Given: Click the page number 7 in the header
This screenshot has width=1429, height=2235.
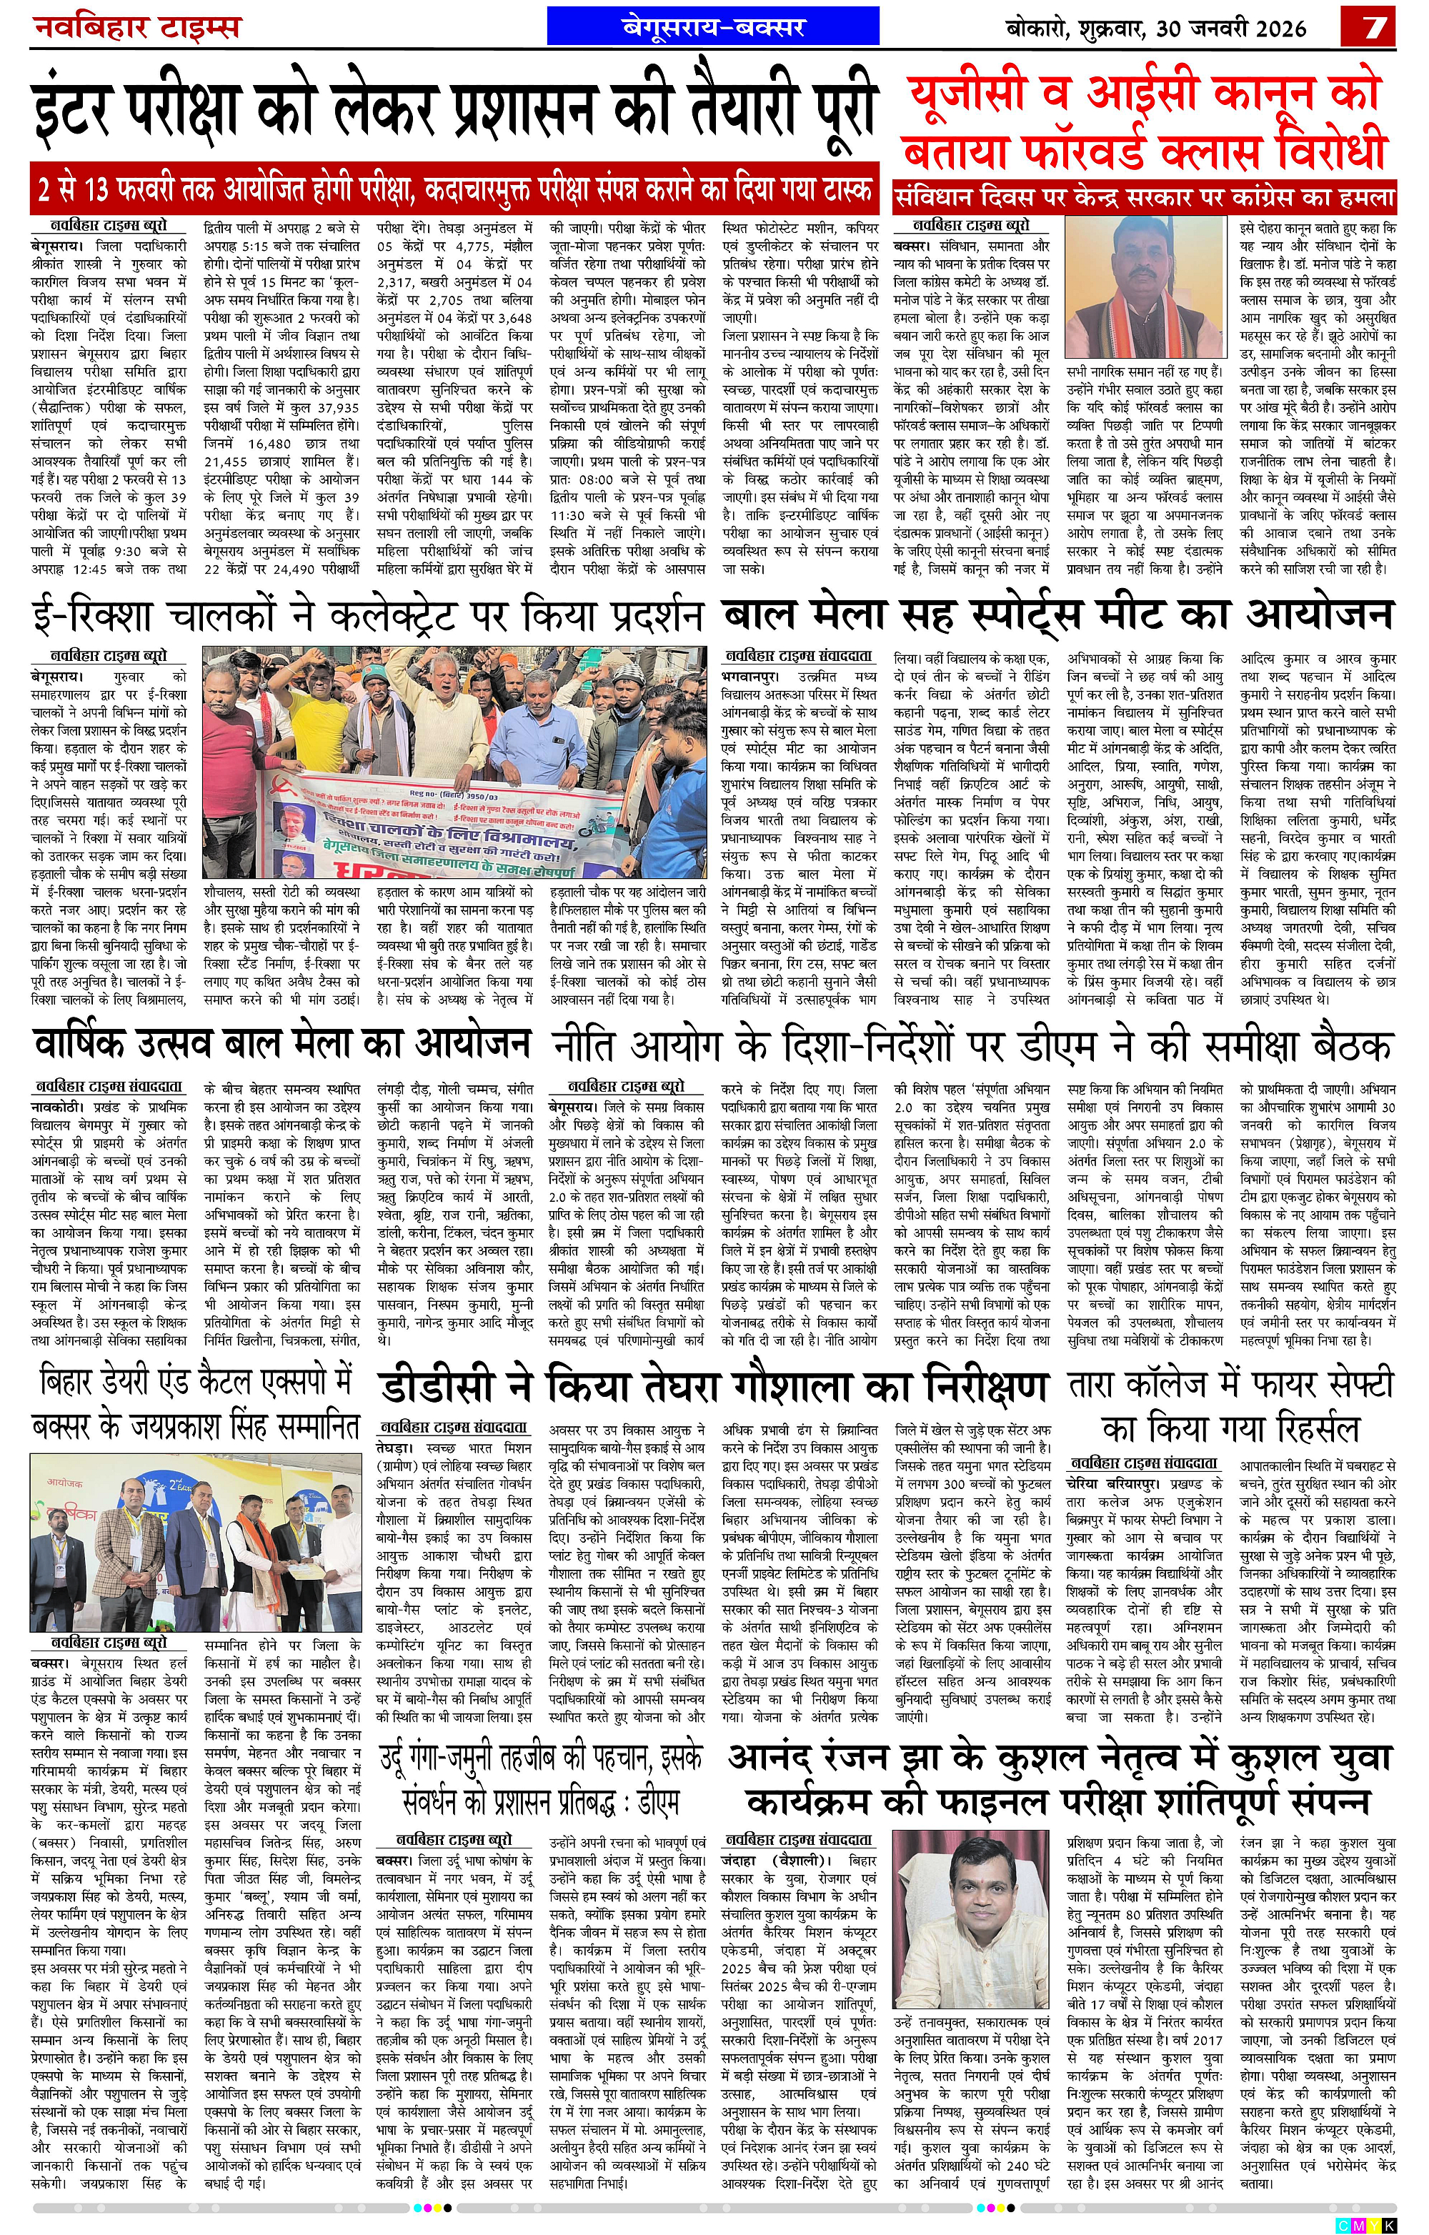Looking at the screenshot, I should [x=1370, y=27].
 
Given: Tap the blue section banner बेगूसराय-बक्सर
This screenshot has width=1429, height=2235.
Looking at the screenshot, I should [x=714, y=27].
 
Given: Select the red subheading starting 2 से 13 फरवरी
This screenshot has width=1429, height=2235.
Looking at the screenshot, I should [x=454, y=190].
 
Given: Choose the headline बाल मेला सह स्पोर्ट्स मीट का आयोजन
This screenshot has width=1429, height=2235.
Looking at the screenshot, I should [x=1058, y=615].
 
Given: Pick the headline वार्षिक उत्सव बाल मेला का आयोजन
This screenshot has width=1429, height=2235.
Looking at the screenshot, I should [x=282, y=1045].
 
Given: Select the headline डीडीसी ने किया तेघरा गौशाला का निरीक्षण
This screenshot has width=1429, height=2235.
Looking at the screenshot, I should [x=714, y=1387].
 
